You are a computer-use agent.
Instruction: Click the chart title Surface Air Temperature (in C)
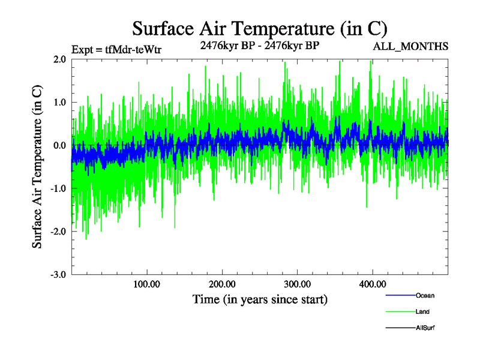259,28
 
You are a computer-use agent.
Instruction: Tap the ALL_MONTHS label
411,46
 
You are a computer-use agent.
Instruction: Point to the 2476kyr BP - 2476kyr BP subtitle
259,45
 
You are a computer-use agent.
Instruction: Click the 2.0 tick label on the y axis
59,59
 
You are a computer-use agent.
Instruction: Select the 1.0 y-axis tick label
59,103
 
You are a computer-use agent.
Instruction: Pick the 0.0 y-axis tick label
59,146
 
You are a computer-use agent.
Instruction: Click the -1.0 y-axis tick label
58,189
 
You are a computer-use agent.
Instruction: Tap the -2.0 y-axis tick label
58,232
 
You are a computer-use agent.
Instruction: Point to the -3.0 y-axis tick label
58,275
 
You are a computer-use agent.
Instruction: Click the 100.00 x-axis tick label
147,284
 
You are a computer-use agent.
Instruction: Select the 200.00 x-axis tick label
222,284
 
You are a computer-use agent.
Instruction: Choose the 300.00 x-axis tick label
297,284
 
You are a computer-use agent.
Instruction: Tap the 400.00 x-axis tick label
372,284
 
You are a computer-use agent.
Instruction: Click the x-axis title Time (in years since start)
260,299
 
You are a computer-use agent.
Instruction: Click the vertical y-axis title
37,167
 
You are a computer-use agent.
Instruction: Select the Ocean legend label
425,295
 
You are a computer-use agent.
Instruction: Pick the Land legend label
422,311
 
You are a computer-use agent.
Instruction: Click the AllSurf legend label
425,328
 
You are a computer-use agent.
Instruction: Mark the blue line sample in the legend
400,295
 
